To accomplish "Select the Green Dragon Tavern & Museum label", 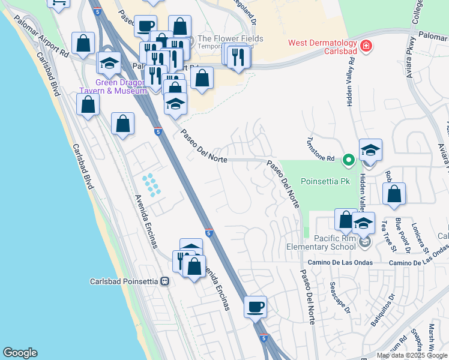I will pyautogui.click(x=113, y=86).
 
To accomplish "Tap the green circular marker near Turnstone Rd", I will pyautogui.click(x=348, y=160).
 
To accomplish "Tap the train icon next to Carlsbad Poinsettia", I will pyautogui.click(x=164, y=281).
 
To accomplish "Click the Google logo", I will pyautogui.click(x=20, y=353).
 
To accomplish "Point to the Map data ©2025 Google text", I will pyautogui.click(x=412, y=355).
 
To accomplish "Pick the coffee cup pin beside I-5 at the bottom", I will pyautogui.click(x=256, y=307).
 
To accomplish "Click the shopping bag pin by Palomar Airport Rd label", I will pyautogui.click(x=83, y=43).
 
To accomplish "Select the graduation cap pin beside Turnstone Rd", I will pyautogui.click(x=370, y=150).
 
